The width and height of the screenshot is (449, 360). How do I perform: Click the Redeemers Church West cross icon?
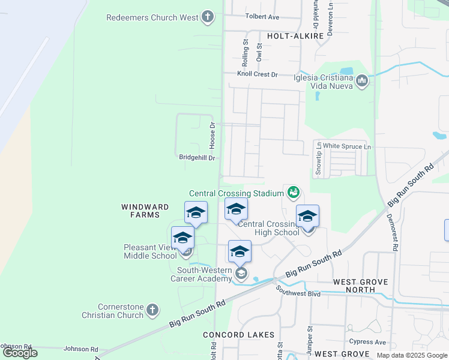[208, 17]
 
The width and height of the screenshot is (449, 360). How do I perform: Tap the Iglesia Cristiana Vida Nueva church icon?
[361, 81]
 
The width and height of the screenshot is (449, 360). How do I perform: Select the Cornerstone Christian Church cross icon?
[152, 310]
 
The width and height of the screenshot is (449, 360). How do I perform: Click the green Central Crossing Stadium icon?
[293, 193]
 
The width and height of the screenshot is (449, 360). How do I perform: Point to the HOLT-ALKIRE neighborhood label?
[295, 36]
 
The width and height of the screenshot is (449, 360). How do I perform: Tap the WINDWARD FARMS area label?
[140, 211]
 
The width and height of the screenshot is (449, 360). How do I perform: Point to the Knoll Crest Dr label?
[258, 74]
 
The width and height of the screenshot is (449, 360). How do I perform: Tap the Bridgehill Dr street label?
[197, 157]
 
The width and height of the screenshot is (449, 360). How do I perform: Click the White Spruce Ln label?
[348, 146]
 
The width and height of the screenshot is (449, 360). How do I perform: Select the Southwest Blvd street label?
[298, 292]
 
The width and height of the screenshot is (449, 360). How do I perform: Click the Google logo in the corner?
[20, 353]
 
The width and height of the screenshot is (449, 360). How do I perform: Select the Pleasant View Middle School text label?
[150, 251]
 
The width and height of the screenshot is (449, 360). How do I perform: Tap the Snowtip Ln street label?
[318, 159]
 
